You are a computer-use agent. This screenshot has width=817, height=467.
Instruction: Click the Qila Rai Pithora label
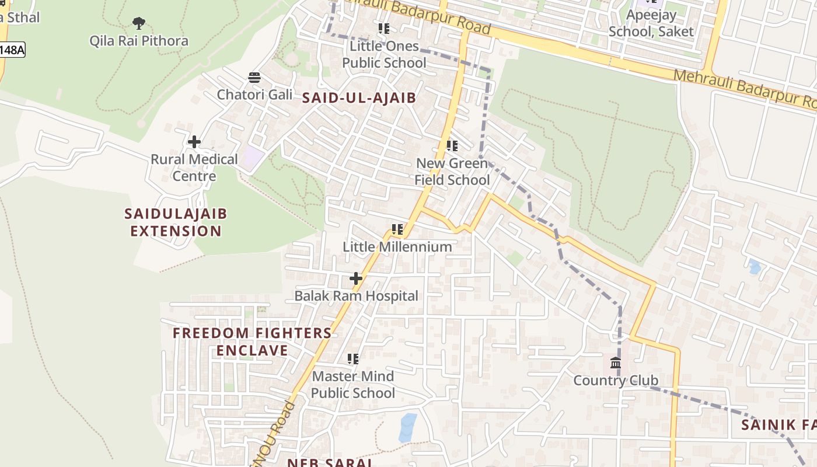(x=139, y=41)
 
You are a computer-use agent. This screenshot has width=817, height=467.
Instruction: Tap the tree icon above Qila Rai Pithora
(x=138, y=23)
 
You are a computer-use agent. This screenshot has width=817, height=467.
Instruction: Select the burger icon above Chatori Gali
(x=254, y=78)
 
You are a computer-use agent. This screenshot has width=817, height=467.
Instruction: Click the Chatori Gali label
(x=254, y=95)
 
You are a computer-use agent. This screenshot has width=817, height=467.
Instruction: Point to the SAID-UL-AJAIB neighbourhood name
(x=359, y=98)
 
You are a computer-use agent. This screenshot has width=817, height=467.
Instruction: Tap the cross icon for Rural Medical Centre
(x=194, y=142)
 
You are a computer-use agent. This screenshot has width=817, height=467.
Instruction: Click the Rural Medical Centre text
(x=194, y=168)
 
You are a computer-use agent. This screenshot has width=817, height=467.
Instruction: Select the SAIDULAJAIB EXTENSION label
(x=176, y=222)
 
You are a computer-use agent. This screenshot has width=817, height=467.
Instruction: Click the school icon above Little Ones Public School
(x=383, y=29)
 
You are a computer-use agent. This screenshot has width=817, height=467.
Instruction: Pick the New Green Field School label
(x=452, y=172)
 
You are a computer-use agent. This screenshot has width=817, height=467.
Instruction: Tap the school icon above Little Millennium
(x=397, y=229)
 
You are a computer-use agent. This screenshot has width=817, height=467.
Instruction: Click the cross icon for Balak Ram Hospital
(x=355, y=278)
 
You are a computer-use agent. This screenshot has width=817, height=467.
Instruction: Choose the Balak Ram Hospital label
(x=356, y=296)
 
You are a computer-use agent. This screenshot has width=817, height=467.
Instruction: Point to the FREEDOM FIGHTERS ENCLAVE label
(x=252, y=341)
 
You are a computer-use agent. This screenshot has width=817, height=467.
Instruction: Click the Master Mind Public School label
(x=353, y=385)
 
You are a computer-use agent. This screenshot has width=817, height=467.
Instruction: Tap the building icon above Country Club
(x=616, y=363)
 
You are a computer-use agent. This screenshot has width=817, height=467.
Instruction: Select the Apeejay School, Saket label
(x=651, y=23)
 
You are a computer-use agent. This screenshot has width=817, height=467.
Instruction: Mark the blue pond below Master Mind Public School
(x=408, y=427)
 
